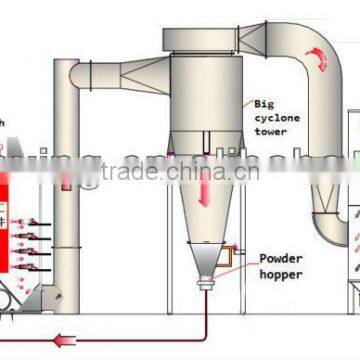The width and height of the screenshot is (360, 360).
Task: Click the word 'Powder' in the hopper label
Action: click(279, 257)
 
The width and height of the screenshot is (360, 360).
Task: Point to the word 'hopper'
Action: click(279, 272)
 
